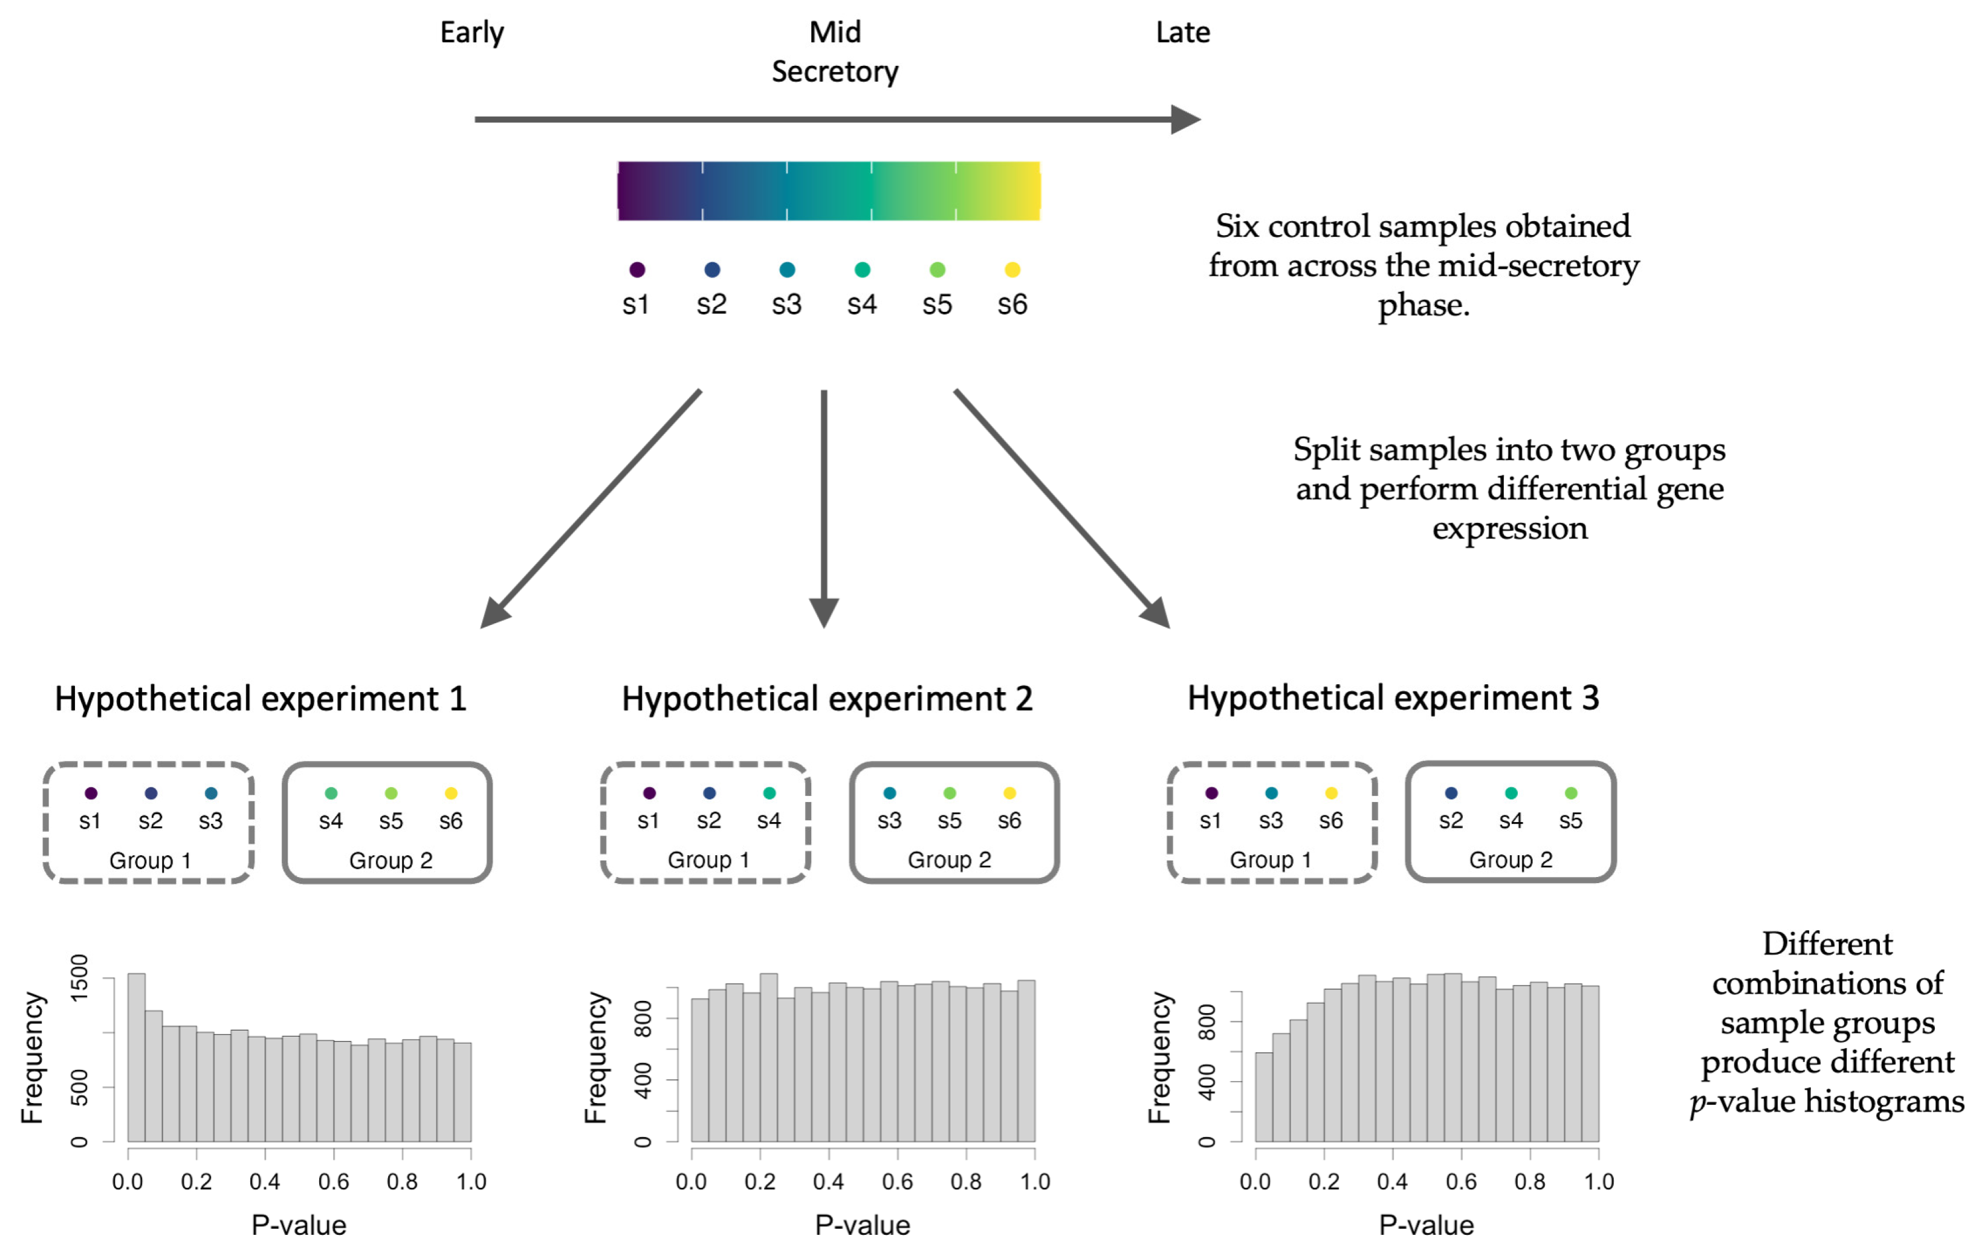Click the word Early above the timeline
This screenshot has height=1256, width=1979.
(x=471, y=33)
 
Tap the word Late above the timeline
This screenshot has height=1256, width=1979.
(x=1183, y=33)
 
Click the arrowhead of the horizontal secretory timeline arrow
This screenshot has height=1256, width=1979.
(x=1185, y=119)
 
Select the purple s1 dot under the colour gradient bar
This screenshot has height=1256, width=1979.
(x=637, y=270)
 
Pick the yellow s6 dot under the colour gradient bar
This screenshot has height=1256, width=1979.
(x=1012, y=270)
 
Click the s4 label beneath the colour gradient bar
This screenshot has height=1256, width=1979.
(x=862, y=305)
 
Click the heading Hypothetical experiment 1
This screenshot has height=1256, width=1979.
(x=261, y=699)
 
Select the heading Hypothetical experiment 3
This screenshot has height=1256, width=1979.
(x=1393, y=699)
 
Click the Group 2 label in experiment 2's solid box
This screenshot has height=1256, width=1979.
(x=949, y=860)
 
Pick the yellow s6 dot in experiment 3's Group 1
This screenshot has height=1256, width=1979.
(x=1332, y=793)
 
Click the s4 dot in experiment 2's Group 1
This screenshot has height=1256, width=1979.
(x=769, y=793)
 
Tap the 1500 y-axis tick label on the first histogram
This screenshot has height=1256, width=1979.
(x=79, y=978)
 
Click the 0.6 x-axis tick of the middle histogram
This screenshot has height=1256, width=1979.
(x=898, y=1182)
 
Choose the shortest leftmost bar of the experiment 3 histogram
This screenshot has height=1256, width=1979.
(x=1264, y=1098)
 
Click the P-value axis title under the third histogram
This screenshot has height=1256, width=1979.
(x=1426, y=1226)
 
